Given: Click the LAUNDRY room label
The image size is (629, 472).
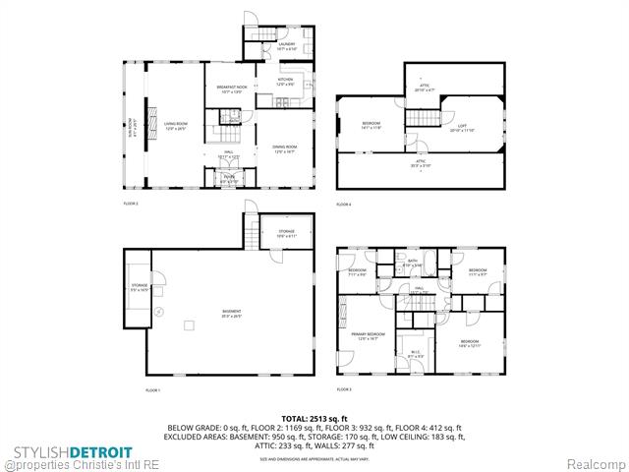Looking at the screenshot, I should tap(286, 45).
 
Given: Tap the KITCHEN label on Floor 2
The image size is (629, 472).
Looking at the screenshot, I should tap(285, 81).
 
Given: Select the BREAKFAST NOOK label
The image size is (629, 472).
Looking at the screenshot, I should tap(231, 89).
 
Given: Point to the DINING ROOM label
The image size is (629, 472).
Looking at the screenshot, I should tap(285, 149).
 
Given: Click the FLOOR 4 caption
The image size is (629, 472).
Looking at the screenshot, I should tap(343, 204).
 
